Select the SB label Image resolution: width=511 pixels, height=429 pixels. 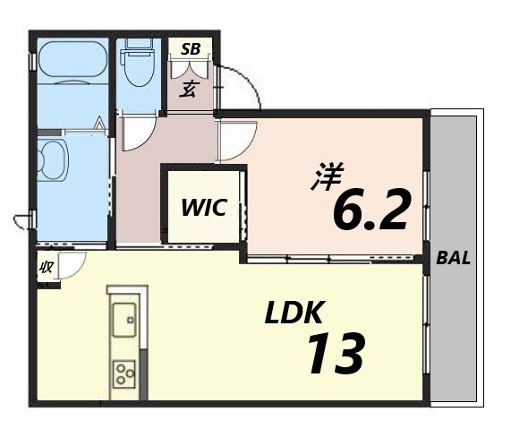click(x=191, y=49)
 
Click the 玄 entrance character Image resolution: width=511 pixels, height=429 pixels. click(x=190, y=88)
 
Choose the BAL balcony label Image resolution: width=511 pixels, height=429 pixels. click(x=454, y=260)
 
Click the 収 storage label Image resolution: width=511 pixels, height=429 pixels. click(x=45, y=267)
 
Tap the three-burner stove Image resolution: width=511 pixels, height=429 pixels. click(x=123, y=373)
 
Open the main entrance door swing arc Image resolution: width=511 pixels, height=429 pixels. click(x=238, y=90)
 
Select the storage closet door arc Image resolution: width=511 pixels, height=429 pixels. click(x=70, y=264)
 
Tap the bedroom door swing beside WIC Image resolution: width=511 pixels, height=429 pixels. click(x=234, y=139)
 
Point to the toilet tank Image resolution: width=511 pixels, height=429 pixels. click(x=138, y=44)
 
